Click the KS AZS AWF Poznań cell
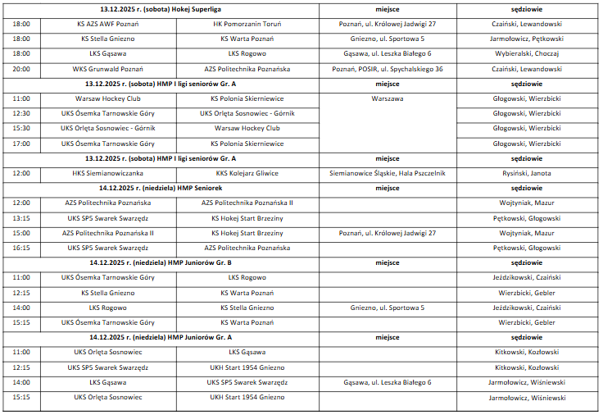pos(107,24)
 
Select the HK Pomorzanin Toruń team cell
pos(247,24)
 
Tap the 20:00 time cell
pos(21,69)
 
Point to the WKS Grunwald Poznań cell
pos(107,69)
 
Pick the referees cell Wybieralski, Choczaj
pos(527,54)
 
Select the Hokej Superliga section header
pos(161,8)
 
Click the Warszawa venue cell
pos(387,98)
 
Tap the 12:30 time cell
pos(21,113)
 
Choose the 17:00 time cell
pos(21,144)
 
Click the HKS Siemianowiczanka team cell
pos(107,173)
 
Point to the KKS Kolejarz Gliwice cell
pos(247,173)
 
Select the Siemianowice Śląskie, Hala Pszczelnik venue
pos(387,173)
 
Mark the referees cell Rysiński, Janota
pos(527,173)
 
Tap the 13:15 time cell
pos(21,218)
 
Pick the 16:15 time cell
pos(21,248)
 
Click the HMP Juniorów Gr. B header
pos(161,262)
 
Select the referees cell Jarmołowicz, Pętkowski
pos(527,39)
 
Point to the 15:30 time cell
pos(21,128)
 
